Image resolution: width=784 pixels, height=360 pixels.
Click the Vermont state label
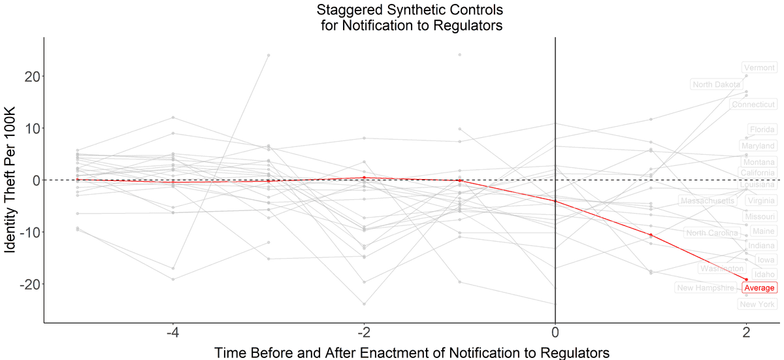click(x=759, y=67)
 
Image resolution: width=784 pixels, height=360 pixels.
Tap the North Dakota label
click(x=717, y=84)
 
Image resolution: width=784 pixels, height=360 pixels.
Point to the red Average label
click(x=759, y=287)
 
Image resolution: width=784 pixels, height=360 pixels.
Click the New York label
click(x=758, y=304)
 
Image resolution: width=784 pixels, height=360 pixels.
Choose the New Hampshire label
click(x=706, y=287)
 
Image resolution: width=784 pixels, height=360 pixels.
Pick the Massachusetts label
click(x=708, y=201)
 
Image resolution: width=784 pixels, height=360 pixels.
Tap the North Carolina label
click(x=711, y=233)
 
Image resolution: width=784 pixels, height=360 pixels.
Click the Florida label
click(x=762, y=129)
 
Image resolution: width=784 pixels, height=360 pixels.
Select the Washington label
click(x=721, y=269)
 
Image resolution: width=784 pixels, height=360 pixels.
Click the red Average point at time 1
click(x=651, y=235)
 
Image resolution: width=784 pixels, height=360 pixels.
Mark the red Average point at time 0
click(x=555, y=201)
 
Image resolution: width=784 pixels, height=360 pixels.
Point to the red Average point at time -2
click(x=364, y=178)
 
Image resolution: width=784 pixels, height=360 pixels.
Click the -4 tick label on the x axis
click(x=172, y=333)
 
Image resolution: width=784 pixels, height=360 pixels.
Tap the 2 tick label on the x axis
click(x=746, y=333)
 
